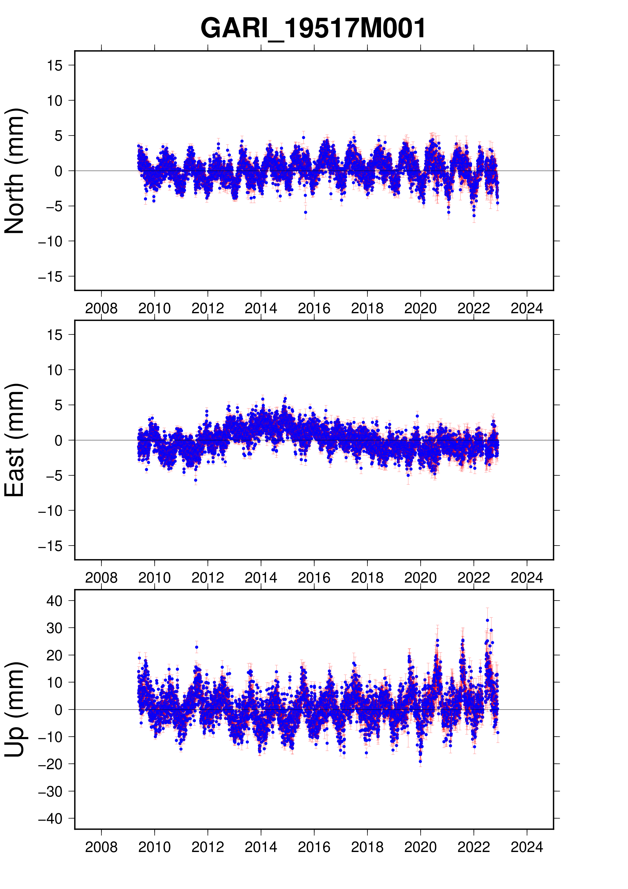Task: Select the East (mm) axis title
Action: [x=15, y=440]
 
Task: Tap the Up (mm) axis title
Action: [x=15, y=709]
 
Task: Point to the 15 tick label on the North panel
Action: [x=54, y=65]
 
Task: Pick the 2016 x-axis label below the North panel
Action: [x=314, y=309]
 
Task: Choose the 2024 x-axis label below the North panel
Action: [x=527, y=309]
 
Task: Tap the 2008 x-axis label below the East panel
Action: [x=101, y=578]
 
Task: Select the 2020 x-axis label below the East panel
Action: [x=420, y=578]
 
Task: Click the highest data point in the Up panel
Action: [x=488, y=620]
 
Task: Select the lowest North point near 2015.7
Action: [x=305, y=212]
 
